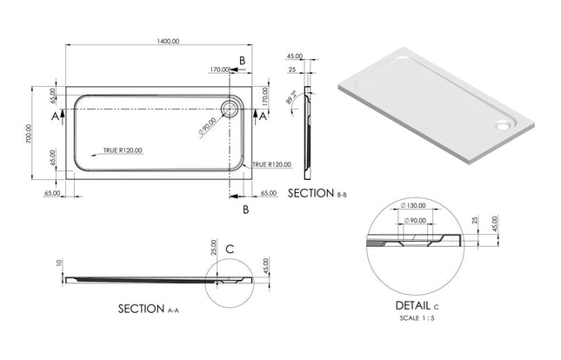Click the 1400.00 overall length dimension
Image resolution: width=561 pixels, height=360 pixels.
pos(168,41)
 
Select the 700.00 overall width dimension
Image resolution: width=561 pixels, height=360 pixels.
pos(29,136)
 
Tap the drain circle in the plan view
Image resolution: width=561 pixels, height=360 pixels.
pos(232,109)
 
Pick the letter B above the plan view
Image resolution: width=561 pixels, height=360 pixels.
pos(243,59)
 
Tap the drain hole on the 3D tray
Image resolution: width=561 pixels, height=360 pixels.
pos(504,123)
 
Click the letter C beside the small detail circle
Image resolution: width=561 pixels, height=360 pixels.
pos(230,249)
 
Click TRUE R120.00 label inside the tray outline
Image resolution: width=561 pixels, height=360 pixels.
pos(122,150)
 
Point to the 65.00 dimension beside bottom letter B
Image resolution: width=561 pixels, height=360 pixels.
pos(269,193)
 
